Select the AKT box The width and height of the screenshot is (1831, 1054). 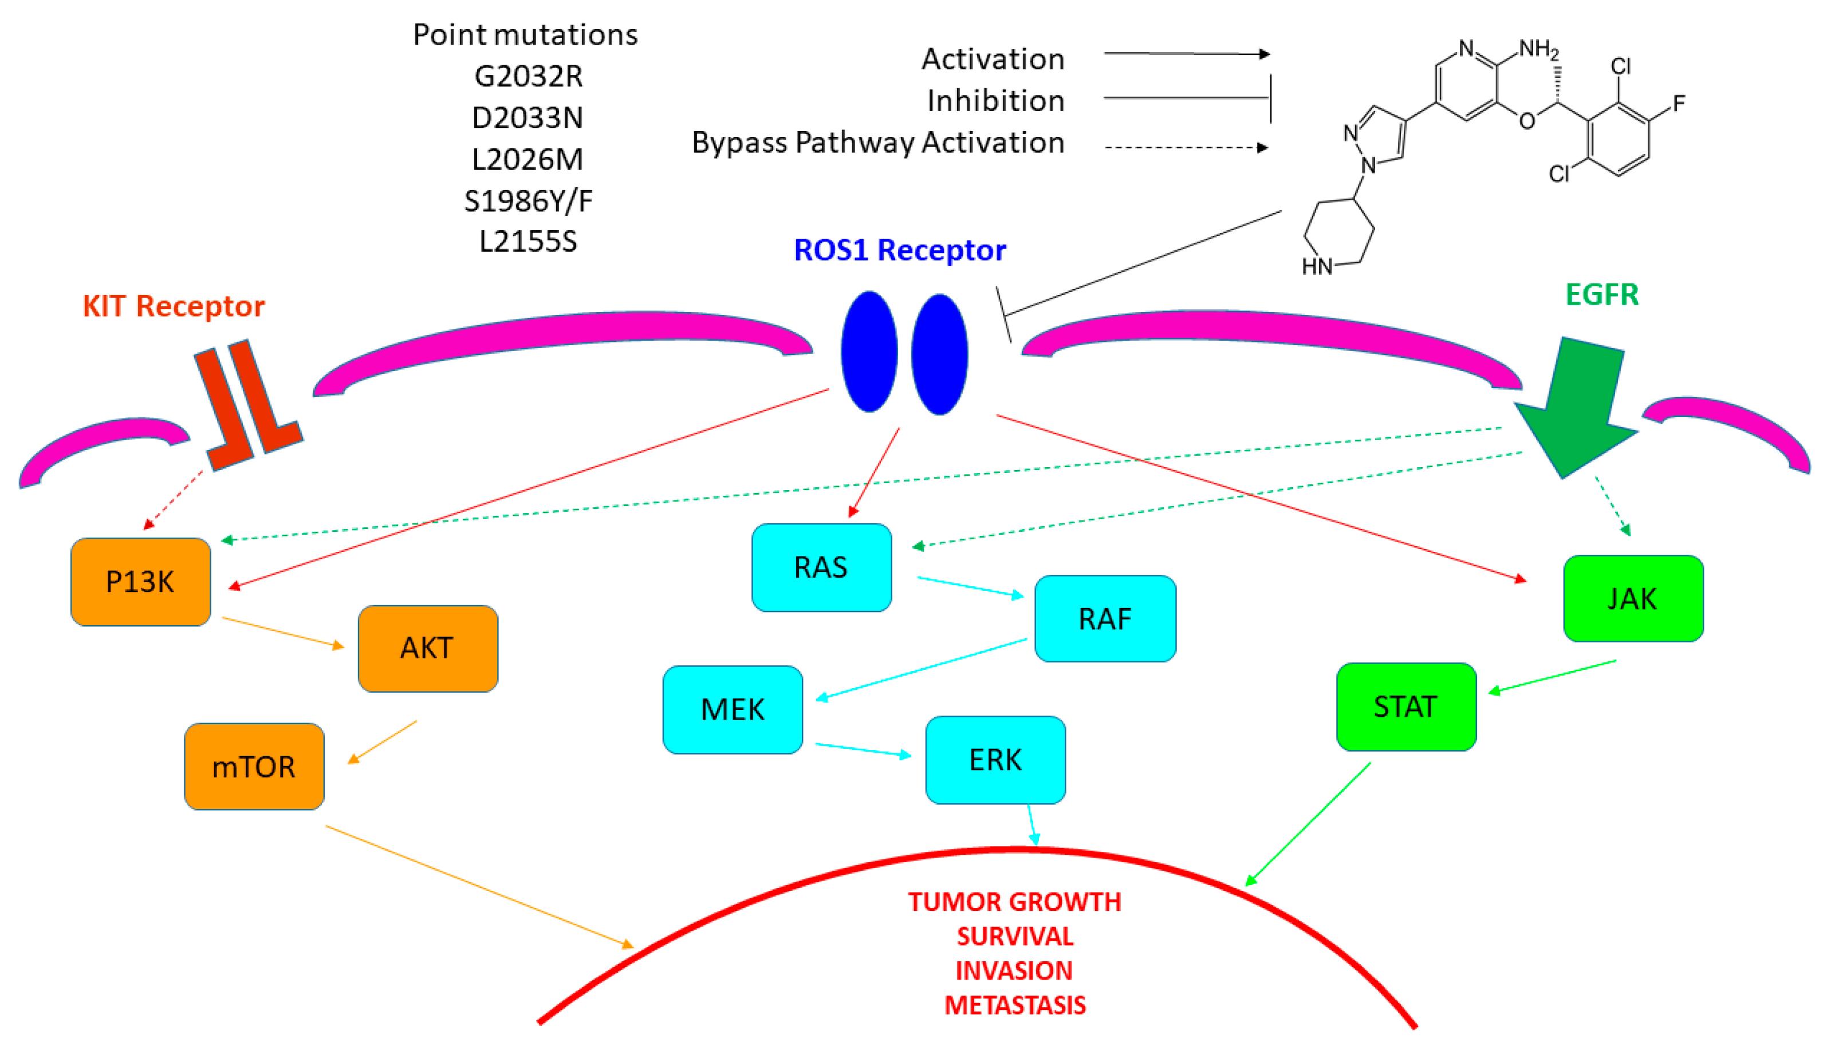(x=427, y=648)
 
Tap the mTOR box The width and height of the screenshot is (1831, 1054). (x=254, y=766)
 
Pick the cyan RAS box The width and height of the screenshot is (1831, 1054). (x=821, y=567)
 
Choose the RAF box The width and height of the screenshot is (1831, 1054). (x=1105, y=618)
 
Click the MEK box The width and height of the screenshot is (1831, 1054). (x=732, y=709)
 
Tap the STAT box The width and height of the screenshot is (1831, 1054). (x=1405, y=706)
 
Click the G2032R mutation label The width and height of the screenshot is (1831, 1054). (x=528, y=76)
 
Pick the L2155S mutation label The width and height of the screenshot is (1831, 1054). (x=528, y=241)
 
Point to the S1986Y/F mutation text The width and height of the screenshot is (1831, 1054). (x=528, y=200)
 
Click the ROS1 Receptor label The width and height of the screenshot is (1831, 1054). (x=899, y=250)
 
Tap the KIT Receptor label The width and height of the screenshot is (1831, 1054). (x=174, y=306)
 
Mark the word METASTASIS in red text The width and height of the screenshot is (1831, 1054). (x=1014, y=1005)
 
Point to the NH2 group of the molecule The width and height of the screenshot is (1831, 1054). (x=1538, y=49)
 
